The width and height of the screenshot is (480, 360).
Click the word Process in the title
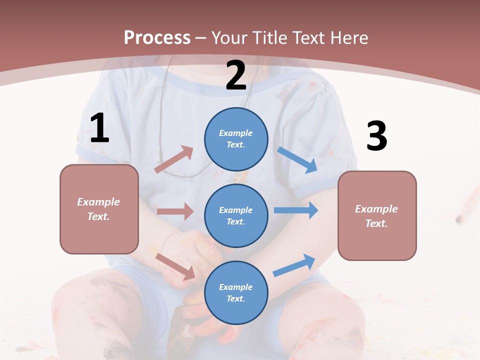pos(157,38)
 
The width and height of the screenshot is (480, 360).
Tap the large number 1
pos(99,129)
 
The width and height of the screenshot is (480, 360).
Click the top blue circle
pos(236,139)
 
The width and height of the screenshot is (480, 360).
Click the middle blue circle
pos(236,215)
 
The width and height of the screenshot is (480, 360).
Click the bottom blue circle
pos(236,292)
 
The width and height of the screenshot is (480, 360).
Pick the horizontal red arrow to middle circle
pos(175,211)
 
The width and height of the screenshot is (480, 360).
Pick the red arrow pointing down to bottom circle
pos(175,266)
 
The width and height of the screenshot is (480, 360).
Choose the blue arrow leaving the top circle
pos(297,160)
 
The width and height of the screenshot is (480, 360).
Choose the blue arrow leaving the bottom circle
pos(294,265)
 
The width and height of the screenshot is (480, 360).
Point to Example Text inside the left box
pos(98,209)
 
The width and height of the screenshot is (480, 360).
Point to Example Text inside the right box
pos(376,216)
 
